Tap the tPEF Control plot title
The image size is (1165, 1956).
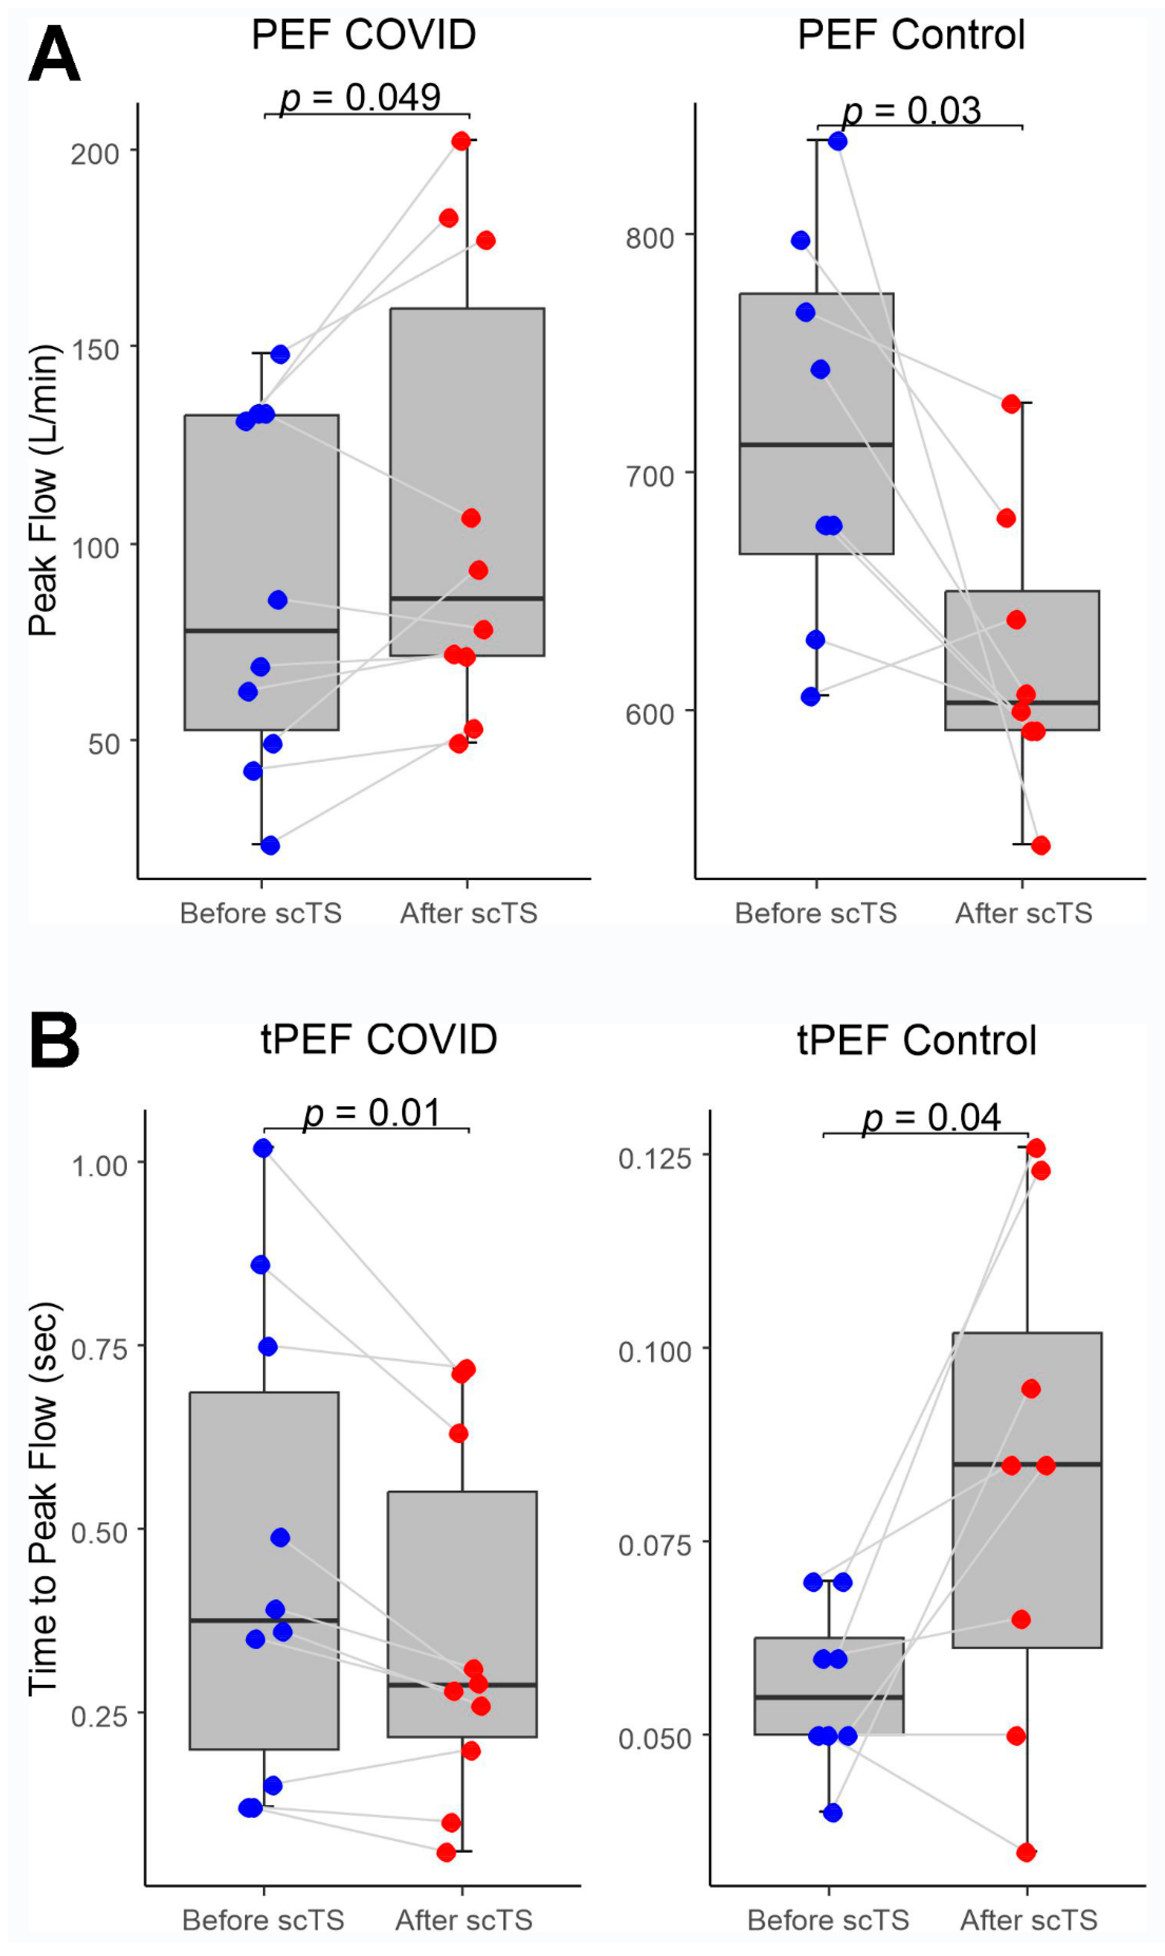point(916,1040)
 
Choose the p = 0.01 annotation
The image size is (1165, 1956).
point(373,1113)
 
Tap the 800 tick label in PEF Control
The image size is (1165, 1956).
point(649,237)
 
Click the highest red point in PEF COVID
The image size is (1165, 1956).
point(461,140)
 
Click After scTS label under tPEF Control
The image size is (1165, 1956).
point(1029,1920)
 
